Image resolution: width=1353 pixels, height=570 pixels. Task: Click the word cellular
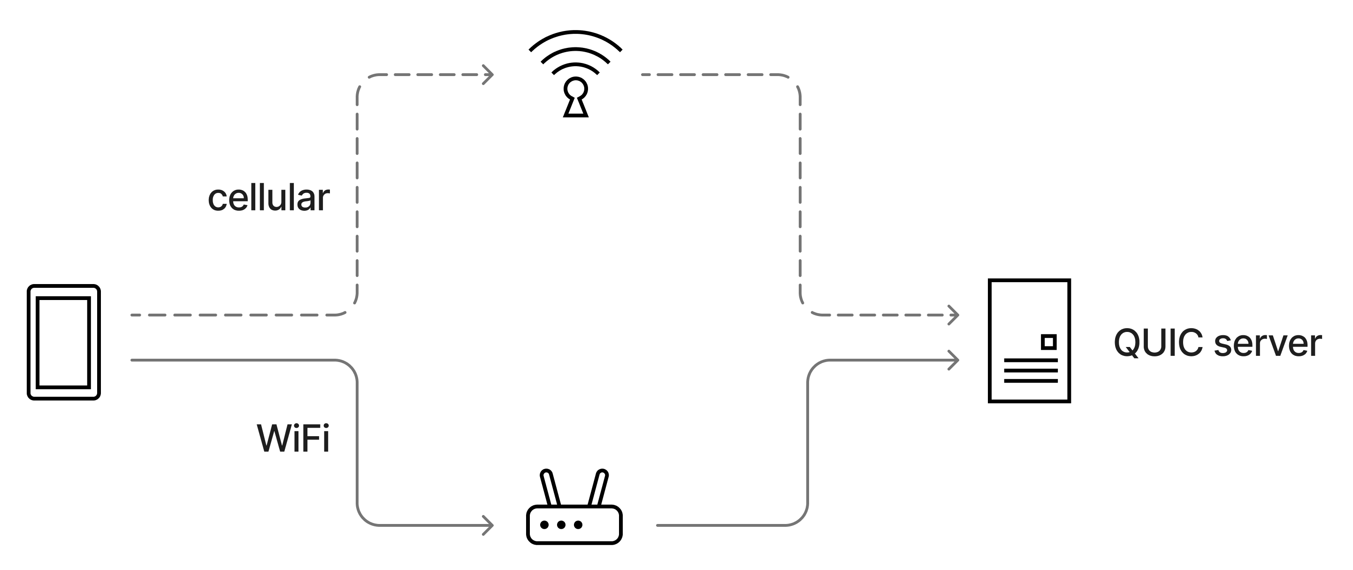[x=268, y=198]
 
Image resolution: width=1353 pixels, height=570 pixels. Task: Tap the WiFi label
[x=293, y=438]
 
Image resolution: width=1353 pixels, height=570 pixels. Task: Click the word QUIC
[x=1158, y=344]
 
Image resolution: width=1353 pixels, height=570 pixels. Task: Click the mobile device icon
[x=63, y=342]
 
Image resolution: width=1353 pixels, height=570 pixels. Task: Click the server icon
[x=1029, y=341]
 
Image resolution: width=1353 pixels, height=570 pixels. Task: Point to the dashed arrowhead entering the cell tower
[x=489, y=75]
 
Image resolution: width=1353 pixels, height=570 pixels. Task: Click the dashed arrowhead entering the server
[x=954, y=315]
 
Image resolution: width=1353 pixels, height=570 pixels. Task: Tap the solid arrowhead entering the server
[x=954, y=361]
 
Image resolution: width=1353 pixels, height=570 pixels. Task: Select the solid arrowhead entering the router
[x=489, y=525]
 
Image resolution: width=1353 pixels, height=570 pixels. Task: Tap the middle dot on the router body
[x=561, y=525]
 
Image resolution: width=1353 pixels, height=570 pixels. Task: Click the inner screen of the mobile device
[x=63, y=342]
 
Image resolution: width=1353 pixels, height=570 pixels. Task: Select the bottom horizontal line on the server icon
[x=1031, y=381]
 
